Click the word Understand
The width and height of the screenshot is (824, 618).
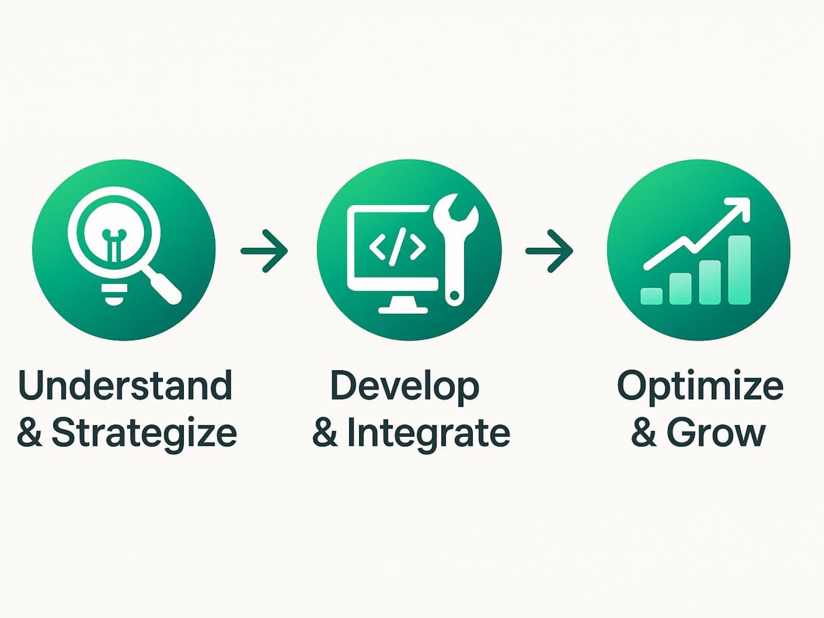125,385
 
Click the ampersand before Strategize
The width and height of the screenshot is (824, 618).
29,433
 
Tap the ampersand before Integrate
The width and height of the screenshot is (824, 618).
325,433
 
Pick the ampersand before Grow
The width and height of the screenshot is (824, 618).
644,433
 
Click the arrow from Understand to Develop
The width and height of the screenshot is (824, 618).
264,251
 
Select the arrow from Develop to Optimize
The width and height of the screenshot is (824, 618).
549,251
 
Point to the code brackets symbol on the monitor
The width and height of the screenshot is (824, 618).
397,247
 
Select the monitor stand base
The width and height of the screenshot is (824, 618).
403,310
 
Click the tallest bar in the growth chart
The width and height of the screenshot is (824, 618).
740,270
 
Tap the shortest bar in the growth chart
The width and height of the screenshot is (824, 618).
651,296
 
